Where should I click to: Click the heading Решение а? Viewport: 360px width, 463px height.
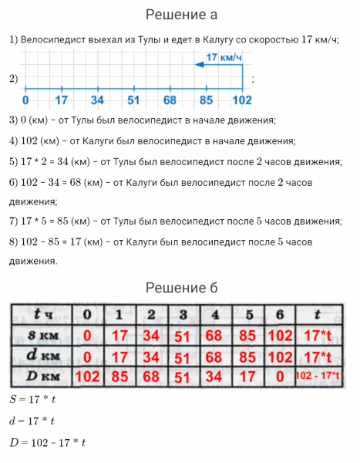[x=180, y=15]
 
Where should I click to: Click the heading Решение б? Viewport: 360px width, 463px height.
[x=180, y=288]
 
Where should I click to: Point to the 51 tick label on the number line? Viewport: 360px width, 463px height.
[x=133, y=100]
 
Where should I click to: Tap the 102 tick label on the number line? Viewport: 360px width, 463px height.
[x=241, y=100]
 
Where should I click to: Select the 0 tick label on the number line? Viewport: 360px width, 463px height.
[x=25, y=100]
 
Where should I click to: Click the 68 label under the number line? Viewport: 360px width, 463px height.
[x=169, y=100]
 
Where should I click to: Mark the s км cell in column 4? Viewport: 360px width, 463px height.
[x=215, y=336]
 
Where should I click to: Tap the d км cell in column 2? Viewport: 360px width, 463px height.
[x=151, y=357]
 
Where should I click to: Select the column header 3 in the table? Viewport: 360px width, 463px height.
[x=183, y=315]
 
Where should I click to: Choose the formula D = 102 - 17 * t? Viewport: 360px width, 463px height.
[x=47, y=442]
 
